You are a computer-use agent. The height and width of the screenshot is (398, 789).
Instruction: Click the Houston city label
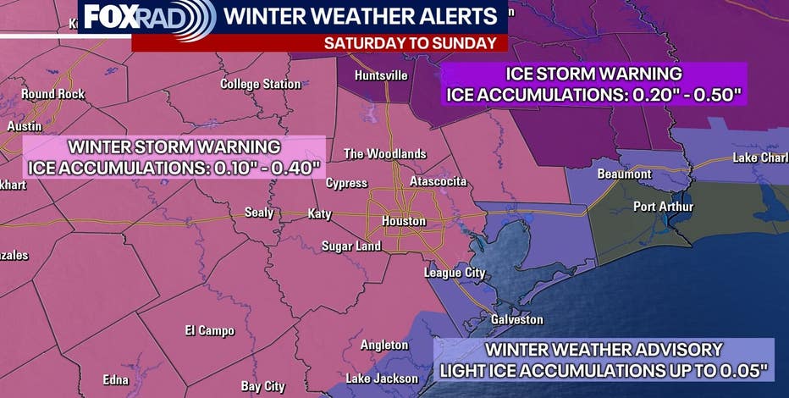tap(403, 221)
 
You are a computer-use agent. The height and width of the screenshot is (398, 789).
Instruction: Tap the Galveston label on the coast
tap(517, 319)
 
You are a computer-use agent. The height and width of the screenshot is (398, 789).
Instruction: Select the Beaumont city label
tap(624, 174)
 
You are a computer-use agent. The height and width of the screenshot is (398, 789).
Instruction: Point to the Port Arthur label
tap(664, 207)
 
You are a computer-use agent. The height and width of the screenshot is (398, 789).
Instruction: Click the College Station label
tap(260, 84)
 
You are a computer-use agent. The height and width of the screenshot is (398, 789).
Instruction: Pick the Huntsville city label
tap(381, 75)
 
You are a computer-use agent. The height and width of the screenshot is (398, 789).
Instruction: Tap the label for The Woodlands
tap(384, 153)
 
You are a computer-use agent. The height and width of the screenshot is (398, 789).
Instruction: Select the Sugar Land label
tap(350, 246)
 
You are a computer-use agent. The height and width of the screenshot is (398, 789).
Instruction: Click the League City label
tap(455, 273)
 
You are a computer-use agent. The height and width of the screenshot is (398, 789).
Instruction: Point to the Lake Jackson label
tap(382, 378)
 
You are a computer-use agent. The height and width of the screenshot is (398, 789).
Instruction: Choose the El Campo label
tap(209, 330)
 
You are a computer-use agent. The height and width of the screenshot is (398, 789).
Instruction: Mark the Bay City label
tap(262, 386)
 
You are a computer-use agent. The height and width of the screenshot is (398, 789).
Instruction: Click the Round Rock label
tap(52, 94)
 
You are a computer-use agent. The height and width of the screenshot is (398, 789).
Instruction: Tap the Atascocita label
tap(439, 181)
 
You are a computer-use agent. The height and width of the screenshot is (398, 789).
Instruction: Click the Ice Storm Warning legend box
tap(596, 84)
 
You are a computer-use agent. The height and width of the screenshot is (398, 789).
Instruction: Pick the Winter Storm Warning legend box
tap(175, 157)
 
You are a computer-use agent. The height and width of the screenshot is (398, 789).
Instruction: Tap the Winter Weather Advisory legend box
tap(604, 359)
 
